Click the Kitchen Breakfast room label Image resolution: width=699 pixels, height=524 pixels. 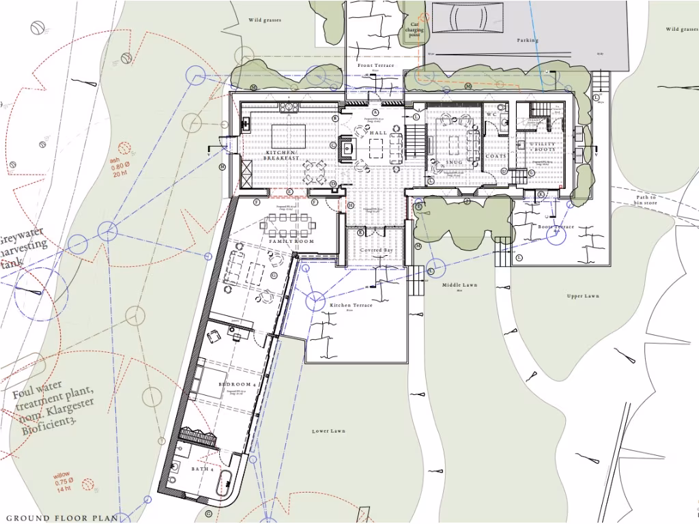coord(282,155)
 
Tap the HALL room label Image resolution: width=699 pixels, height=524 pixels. coord(378,133)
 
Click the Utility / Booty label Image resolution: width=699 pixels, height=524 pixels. coord(543,146)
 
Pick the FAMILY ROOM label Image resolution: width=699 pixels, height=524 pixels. coord(291,242)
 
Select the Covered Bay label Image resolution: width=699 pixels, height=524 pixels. coord(377,250)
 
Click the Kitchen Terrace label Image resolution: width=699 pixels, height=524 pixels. coord(351,305)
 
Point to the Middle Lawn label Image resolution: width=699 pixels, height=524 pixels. coord(459,285)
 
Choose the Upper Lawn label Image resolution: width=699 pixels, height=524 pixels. coord(582,296)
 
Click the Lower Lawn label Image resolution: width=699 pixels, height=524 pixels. coord(329,431)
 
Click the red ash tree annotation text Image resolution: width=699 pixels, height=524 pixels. coord(119,167)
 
